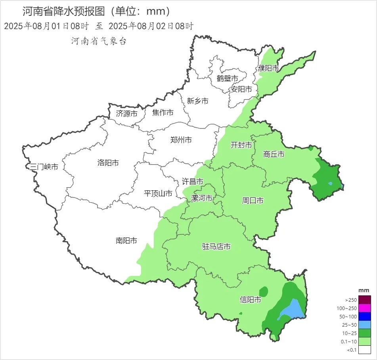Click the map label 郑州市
coord(181,140)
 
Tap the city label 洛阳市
coord(108,163)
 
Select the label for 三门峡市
coord(44,167)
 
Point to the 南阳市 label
coord(126,241)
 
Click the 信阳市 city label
coord(251,300)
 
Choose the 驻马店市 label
coord(216,247)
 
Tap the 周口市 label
coord(253,201)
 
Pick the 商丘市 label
coord(274,154)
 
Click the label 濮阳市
coord(268,68)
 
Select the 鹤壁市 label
coord(227,79)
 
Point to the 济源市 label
coord(126,114)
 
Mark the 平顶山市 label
coord(158,193)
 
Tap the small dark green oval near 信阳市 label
coord(263,291)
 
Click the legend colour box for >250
coord(365,300)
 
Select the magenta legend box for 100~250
coord(365,308)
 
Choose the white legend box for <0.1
coord(365,349)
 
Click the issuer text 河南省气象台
coord(99,41)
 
